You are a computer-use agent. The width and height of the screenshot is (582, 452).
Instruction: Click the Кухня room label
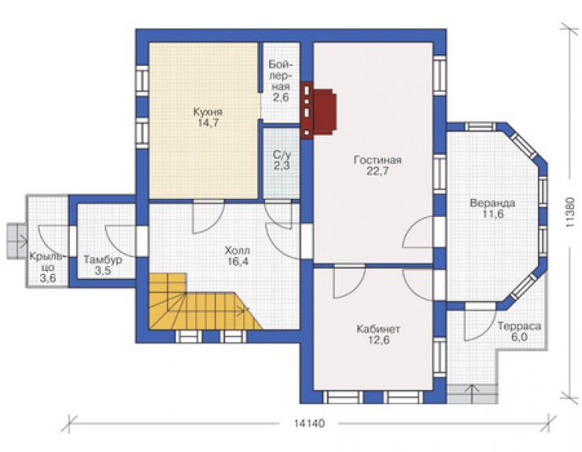coord(208,112)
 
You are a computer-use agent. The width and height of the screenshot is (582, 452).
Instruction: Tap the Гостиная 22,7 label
coord(378,166)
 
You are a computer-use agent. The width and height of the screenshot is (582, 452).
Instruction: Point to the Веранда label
coord(492,204)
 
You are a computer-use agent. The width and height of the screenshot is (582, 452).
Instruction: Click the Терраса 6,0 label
coord(519,332)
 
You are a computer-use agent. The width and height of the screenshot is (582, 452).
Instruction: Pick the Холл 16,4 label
coord(238,256)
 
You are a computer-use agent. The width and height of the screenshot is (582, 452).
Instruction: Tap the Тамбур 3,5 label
coord(102,265)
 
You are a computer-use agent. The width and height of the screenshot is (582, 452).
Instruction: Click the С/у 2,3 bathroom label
coord(282,160)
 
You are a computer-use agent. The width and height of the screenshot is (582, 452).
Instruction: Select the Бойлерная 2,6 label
coord(281,81)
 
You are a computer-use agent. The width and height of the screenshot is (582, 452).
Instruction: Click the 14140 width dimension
coord(309,424)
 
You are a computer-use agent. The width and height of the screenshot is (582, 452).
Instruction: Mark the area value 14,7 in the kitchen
coord(208,123)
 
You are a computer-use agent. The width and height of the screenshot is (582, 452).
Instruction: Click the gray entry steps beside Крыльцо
coord(17,241)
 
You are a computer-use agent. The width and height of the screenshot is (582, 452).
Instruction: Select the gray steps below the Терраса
coord(472,394)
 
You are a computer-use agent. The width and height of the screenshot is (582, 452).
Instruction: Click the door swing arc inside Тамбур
coord(120,241)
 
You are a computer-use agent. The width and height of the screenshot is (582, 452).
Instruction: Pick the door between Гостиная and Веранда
coord(418,232)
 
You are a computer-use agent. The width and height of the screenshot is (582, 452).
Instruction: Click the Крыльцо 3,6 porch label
coord(48,267)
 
